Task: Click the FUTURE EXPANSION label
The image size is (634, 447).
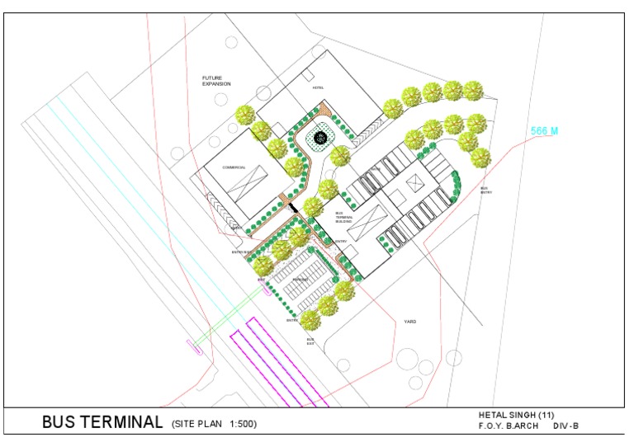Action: coord(217,81)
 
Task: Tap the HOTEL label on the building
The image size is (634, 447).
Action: coord(319,87)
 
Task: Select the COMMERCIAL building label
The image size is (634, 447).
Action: coord(234,167)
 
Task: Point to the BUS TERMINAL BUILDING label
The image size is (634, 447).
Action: coord(343,218)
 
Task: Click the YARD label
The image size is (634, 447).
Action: coord(410,321)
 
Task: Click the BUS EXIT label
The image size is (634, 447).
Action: coord(311,341)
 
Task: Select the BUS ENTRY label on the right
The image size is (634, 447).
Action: coord(485,190)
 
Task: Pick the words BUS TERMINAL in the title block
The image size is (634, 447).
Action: coord(102,423)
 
